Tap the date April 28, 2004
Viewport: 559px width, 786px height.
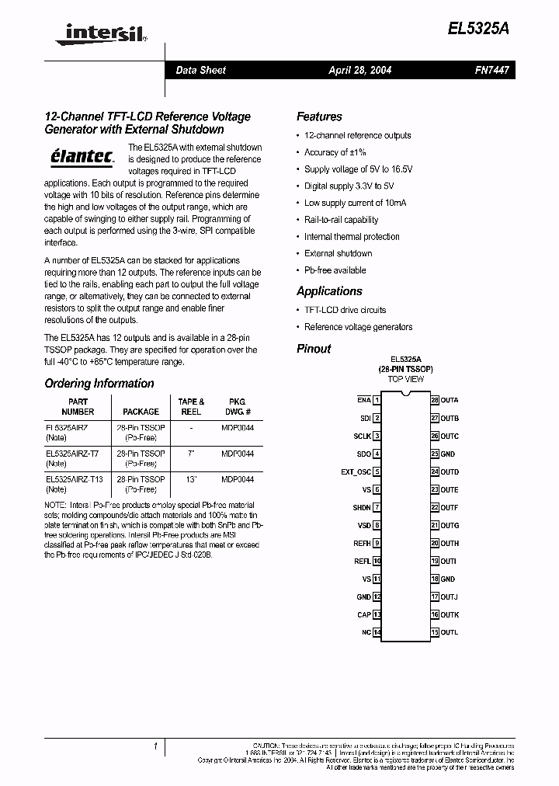(359, 70)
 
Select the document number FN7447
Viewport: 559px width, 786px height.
(491, 70)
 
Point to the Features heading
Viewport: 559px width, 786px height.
(319, 117)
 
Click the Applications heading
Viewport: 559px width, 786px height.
(329, 291)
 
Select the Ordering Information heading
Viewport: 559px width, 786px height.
(99, 383)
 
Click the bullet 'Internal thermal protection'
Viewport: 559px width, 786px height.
(352, 237)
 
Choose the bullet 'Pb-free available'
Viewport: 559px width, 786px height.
(335, 270)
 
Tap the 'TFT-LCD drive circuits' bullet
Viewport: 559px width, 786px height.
(345, 310)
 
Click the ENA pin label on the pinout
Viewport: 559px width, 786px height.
(363, 400)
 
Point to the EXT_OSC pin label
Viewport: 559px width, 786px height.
(356, 471)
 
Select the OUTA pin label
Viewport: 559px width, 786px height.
(450, 400)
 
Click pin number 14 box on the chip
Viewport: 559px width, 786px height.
(377, 633)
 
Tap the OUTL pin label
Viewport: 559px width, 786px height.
(450, 633)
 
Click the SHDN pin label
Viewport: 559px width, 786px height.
(361, 507)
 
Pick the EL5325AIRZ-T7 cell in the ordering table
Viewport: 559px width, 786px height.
(72, 453)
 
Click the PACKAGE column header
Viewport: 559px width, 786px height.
(141, 412)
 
